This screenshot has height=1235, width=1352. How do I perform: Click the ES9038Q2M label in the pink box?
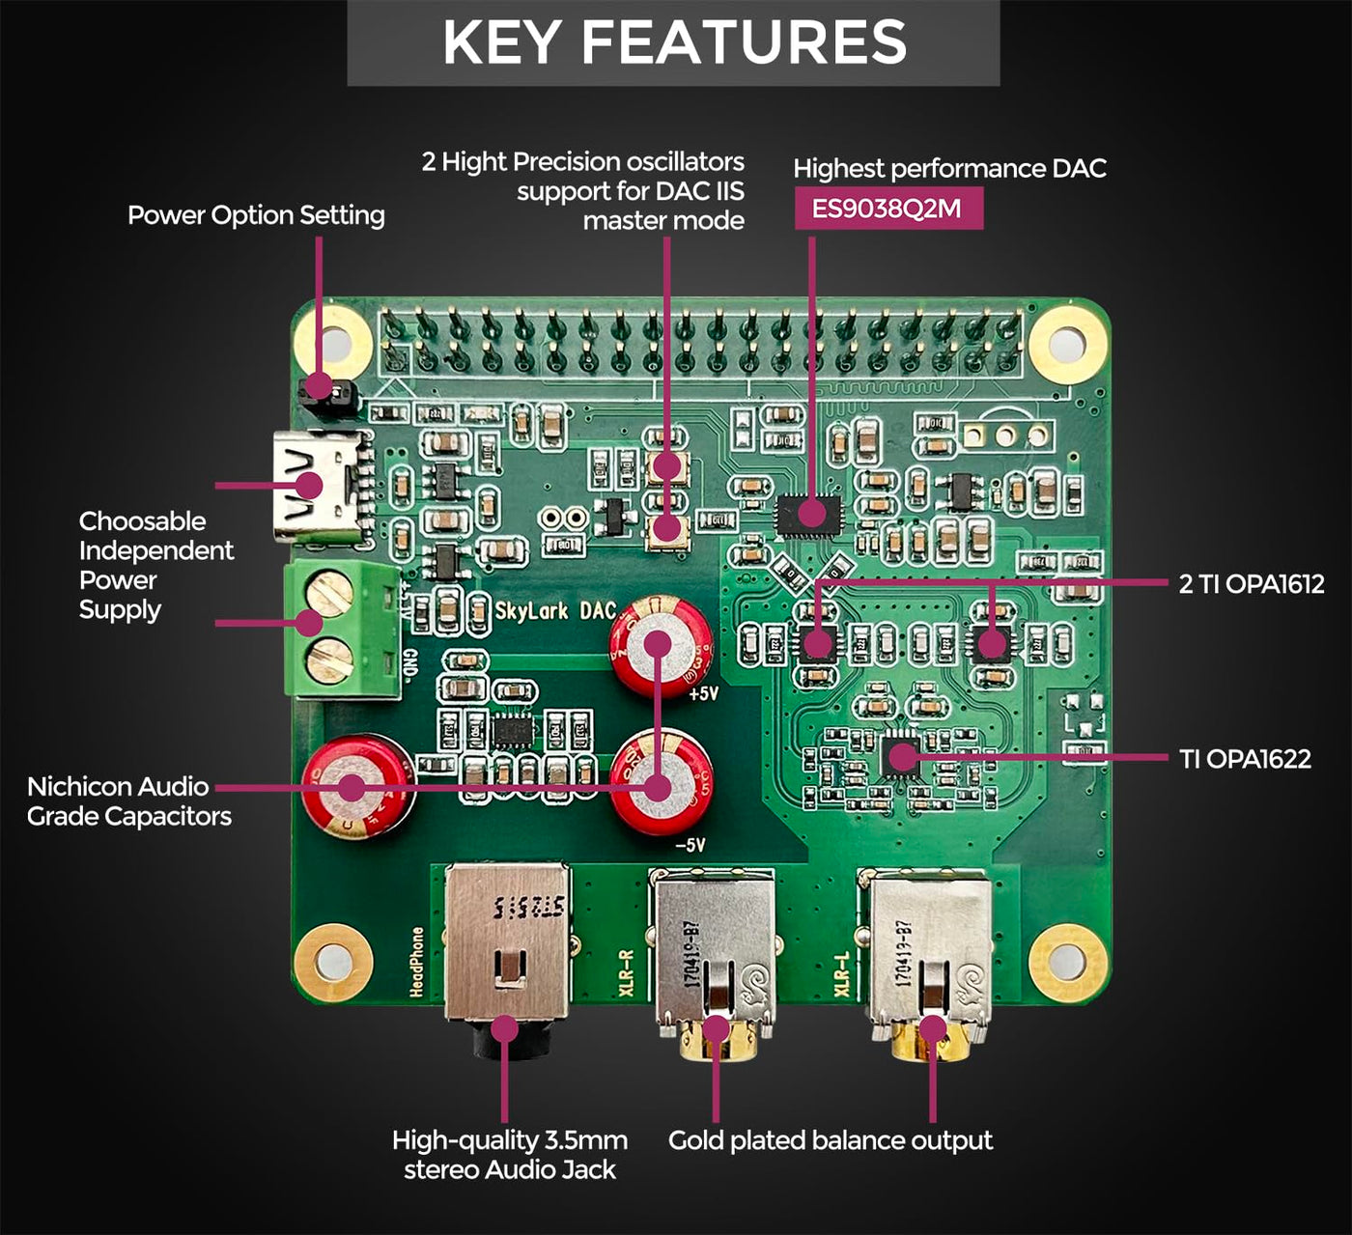coord(887,209)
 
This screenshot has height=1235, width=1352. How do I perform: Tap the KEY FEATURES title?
coord(674,42)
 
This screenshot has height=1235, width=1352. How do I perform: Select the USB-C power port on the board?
coord(319,487)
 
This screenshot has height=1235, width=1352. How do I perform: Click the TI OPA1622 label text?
coord(1245,759)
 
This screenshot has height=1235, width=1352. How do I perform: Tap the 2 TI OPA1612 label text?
coord(1251,583)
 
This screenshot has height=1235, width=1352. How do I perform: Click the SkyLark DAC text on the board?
coord(555,610)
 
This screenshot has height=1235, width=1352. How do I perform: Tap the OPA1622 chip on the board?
coord(902,755)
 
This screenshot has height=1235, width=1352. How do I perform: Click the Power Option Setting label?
coord(256,215)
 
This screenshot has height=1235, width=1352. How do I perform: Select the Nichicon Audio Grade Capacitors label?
coord(129,801)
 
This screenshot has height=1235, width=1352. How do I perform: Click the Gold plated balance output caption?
coord(830,1140)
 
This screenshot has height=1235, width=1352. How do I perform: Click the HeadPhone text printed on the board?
coord(417,962)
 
